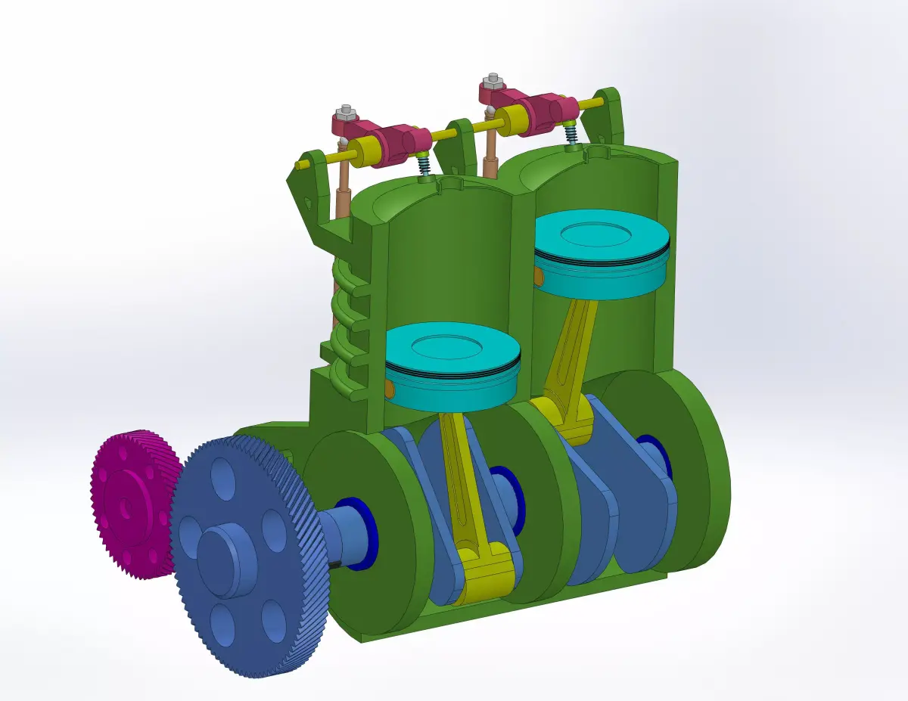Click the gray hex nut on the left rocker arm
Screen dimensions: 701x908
345,113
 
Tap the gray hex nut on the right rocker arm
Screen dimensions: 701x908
493,79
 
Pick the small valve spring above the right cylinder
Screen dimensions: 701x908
571,132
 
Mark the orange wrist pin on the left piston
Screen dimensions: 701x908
390,389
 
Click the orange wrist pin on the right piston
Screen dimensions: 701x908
538,278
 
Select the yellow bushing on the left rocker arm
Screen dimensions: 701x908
368,151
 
